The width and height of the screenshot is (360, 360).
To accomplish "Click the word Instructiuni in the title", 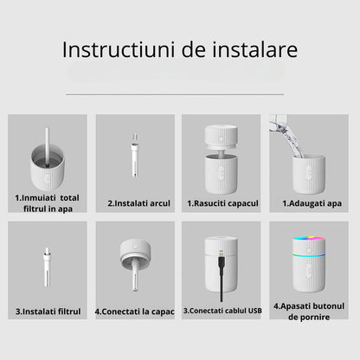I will [107, 49].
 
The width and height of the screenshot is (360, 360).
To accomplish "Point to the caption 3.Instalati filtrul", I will [48, 311].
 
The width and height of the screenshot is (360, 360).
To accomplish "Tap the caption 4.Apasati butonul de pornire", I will [308, 312].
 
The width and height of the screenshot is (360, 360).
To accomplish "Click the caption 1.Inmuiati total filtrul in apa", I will [48, 202].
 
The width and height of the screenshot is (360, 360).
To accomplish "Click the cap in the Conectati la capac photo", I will [136, 252].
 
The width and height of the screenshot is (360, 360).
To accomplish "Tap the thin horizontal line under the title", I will [179, 94].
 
